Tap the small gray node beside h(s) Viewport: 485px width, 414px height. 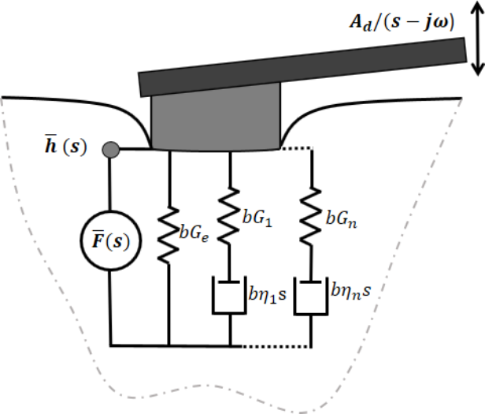111,148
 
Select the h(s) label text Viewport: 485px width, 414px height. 74,147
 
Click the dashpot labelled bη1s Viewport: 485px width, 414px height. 230,293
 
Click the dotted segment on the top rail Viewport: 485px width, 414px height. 295,148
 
